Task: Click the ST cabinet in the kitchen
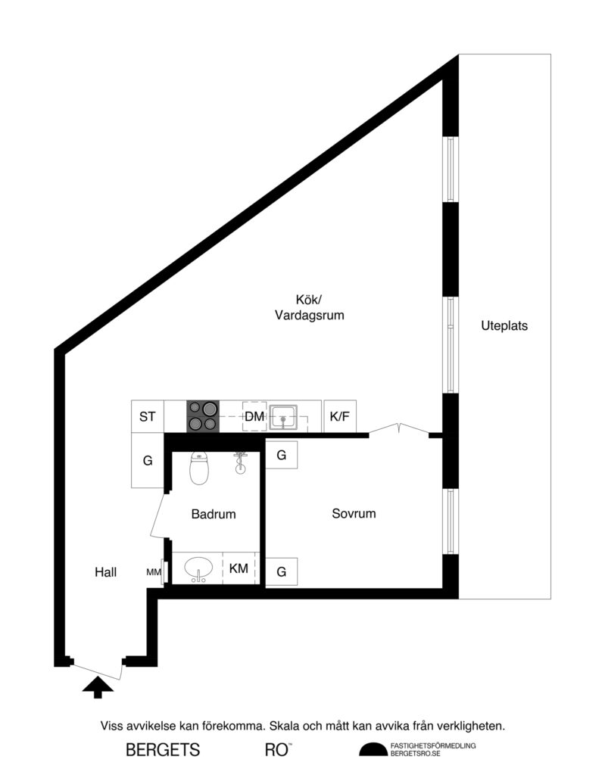(x=148, y=416)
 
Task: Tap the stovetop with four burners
(x=202, y=416)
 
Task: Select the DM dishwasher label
(x=254, y=417)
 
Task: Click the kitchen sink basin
(x=283, y=416)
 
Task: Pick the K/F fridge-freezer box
(x=338, y=416)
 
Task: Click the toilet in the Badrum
(x=199, y=469)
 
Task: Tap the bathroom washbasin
(x=199, y=568)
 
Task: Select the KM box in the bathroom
(x=239, y=568)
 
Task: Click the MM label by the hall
(x=154, y=572)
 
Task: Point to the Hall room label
(x=106, y=573)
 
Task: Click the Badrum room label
(x=214, y=514)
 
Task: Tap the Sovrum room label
(x=354, y=513)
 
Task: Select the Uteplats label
(x=504, y=326)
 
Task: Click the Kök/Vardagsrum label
(x=309, y=307)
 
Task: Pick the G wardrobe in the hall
(x=148, y=460)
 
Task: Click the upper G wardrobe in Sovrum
(x=281, y=456)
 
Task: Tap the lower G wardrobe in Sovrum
(x=281, y=571)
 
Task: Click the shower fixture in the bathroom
(x=241, y=462)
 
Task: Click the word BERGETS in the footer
(x=163, y=750)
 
